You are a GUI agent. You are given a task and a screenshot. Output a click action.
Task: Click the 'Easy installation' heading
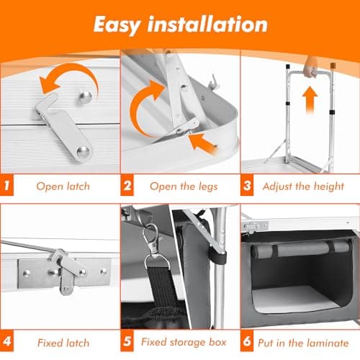pos(181,25)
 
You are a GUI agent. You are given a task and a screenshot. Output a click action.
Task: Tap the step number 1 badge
pos(6,185)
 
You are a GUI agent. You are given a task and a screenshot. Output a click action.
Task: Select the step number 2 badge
pos(127,185)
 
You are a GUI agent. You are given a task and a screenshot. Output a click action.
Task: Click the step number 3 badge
pos(247,185)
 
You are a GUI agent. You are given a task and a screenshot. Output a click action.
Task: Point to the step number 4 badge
pos(6,341)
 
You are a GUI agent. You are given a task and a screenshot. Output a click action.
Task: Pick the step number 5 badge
pos(127,341)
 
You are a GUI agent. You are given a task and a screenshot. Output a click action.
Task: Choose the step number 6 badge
pos(247,341)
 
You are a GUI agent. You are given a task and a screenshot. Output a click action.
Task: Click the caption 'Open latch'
pos(63,186)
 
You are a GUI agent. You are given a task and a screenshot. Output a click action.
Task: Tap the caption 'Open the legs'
pos(184,186)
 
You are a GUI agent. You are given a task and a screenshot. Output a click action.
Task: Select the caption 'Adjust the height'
pos(303,186)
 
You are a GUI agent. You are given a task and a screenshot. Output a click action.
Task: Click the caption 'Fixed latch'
pos(63,343)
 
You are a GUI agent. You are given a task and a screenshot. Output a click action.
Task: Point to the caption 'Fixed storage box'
pos(184,343)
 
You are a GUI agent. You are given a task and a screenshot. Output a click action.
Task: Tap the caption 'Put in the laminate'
pos(303,343)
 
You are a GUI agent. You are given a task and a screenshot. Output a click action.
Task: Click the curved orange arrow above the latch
pos(79,70)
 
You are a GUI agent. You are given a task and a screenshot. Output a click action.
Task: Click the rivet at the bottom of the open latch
pos(83,152)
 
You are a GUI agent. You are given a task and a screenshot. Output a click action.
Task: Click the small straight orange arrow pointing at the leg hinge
pos(203,143)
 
